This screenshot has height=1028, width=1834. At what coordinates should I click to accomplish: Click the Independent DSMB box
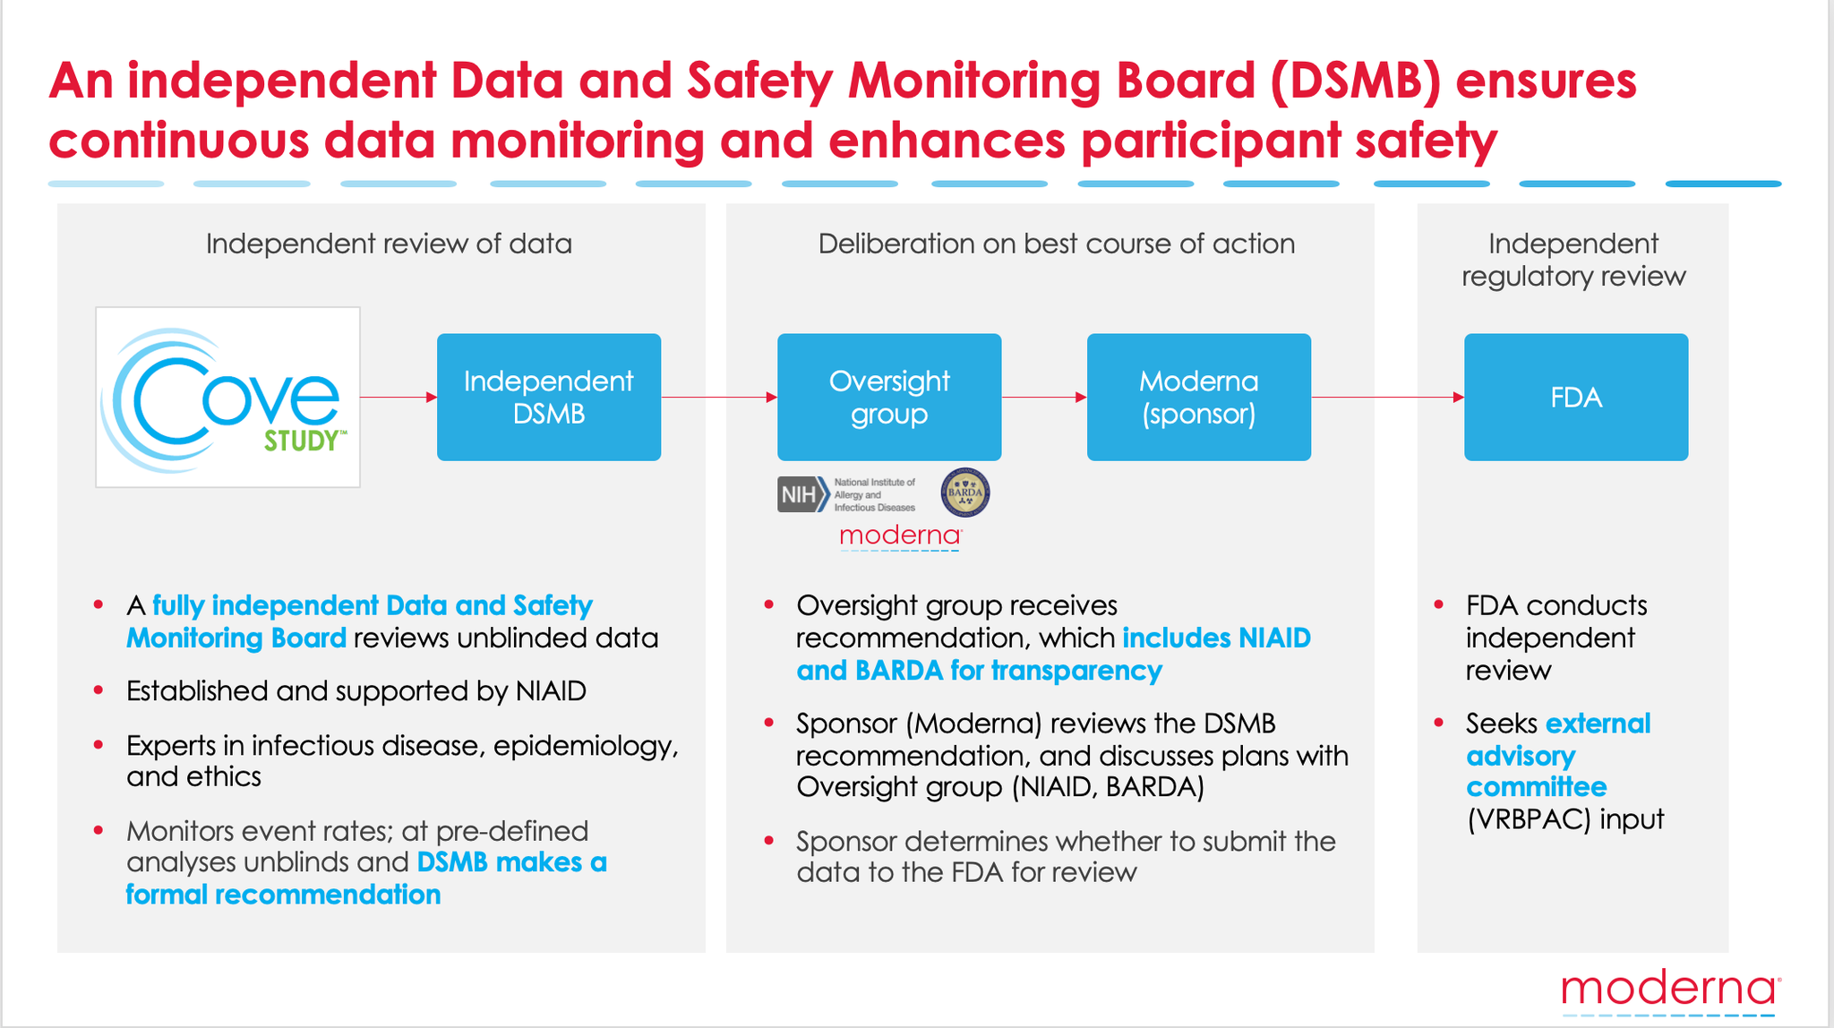click(549, 398)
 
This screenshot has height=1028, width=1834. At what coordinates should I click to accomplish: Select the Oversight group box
click(889, 398)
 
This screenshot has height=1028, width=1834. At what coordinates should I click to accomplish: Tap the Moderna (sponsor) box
click(1198, 398)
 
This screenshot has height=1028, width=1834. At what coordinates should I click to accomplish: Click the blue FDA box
click(1576, 398)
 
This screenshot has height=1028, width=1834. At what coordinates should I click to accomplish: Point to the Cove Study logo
click(227, 398)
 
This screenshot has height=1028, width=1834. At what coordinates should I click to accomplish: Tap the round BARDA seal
click(965, 493)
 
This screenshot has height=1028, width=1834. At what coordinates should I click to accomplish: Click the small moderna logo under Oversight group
click(900, 536)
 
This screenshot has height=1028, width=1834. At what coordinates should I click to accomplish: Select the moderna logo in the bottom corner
click(1670, 991)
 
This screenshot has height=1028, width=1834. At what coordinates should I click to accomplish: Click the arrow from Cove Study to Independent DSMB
click(399, 397)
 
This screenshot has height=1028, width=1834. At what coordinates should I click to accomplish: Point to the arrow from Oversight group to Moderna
click(1044, 397)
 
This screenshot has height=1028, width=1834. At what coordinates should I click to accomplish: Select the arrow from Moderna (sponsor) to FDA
click(1388, 397)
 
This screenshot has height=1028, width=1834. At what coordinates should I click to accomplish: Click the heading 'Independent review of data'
click(389, 244)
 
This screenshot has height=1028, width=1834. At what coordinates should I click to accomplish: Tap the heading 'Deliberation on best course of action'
click(1057, 244)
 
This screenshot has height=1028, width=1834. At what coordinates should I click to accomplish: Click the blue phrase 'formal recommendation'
click(283, 895)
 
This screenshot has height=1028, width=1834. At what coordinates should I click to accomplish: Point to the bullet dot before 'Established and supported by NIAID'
click(99, 690)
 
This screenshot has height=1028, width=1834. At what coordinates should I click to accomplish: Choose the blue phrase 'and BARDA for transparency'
click(979, 671)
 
